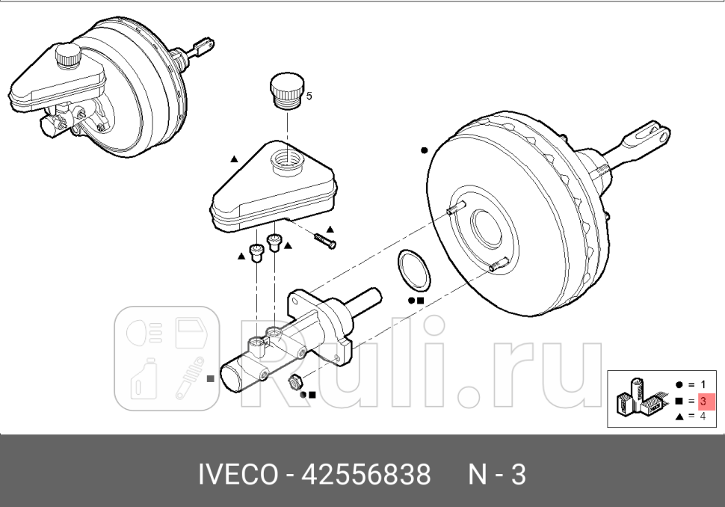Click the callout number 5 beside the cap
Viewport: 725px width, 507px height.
tap(309, 96)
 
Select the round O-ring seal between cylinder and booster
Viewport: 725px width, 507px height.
tap(413, 270)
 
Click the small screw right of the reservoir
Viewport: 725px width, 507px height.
tap(325, 241)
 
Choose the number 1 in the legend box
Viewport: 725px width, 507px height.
tap(703, 385)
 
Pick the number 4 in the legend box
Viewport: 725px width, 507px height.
tap(703, 416)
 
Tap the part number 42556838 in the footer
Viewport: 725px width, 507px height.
tap(366, 474)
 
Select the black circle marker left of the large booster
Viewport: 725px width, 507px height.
tap(424, 150)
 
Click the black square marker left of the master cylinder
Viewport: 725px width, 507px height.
tap(211, 378)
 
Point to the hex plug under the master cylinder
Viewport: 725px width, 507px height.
tap(294, 381)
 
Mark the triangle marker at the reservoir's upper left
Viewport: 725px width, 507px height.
tap(234, 159)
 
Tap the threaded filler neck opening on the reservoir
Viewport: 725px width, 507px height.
tap(287, 159)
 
